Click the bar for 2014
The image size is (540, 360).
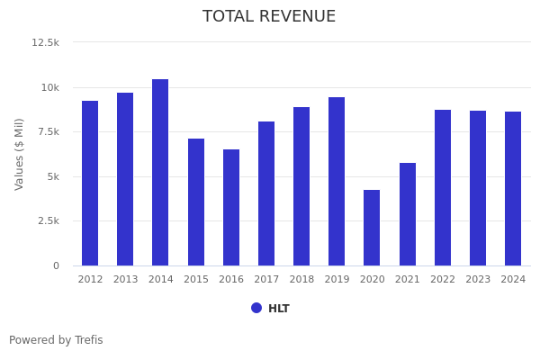point(160,173)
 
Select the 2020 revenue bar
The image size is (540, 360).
point(372,228)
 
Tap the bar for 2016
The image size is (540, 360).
point(231,208)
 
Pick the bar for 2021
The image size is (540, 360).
point(408,214)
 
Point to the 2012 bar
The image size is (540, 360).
point(90,184)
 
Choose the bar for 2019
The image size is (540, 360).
point(337,182)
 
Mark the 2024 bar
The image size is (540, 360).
point(513,189)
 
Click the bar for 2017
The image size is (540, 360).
point(266,193)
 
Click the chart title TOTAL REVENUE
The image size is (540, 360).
point(269,17)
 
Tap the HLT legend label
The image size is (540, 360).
point(279,309)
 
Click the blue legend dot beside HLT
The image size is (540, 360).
point(256,308)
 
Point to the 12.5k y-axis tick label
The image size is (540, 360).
point(45,42)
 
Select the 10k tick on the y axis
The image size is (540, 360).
point(49,87)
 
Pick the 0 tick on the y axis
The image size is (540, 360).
point(56,265)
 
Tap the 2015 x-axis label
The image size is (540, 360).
point(196,280)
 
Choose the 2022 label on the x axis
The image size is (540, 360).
point(443,280)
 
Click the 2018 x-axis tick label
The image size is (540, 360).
point(301,280)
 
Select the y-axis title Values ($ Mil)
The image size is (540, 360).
point(20,154)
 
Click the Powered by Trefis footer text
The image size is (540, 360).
point(56,341)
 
